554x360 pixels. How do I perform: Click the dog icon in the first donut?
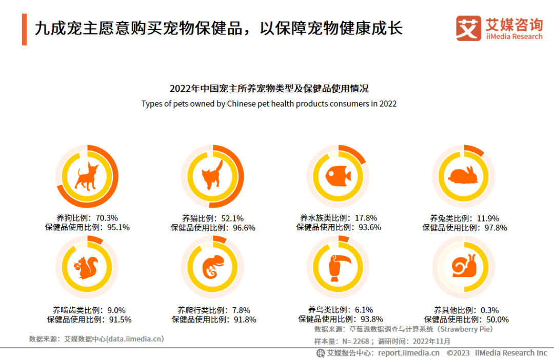[86, 176]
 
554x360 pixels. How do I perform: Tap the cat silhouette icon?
[212, 175]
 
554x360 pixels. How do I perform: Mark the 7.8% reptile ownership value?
[241, 310]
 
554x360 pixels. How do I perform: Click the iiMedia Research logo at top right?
[499, 28]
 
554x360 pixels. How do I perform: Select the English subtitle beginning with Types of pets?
[269, 104]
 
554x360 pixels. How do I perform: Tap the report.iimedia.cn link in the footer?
[409, 353]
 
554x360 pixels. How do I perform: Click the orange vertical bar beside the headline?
[24, 29]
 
